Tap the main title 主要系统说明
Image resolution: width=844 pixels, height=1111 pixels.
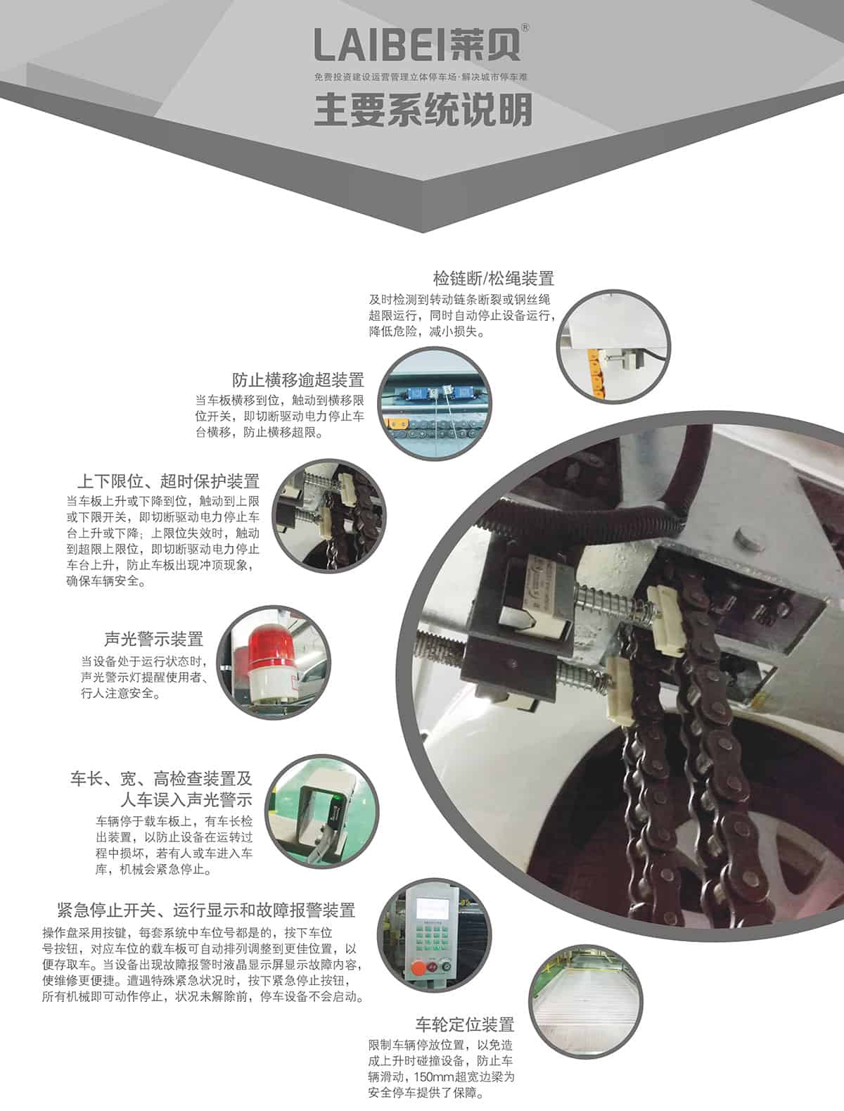tap(423, 109)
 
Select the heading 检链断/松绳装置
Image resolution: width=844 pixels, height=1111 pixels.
tap(493, 279)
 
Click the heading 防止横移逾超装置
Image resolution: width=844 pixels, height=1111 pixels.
tap(298, 380)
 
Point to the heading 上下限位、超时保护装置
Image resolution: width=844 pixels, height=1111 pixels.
tap(168, 481)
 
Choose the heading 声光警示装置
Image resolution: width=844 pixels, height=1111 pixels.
tap(153, 639)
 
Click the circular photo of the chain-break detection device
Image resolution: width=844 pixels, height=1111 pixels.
tap(613, 346)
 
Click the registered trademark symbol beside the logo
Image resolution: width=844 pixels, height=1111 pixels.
tap(525, 28)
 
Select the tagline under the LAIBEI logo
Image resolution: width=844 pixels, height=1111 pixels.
tap(421, 77)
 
